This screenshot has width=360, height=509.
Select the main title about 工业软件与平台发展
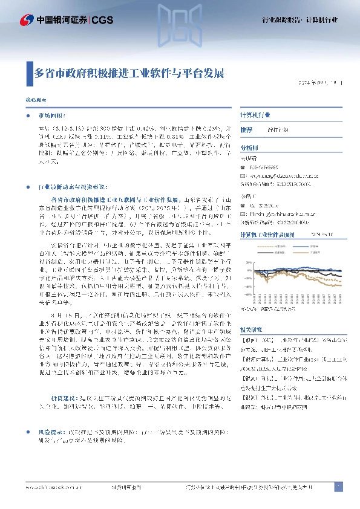tap(129, 74)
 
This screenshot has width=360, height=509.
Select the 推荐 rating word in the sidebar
tap(246, 130)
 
